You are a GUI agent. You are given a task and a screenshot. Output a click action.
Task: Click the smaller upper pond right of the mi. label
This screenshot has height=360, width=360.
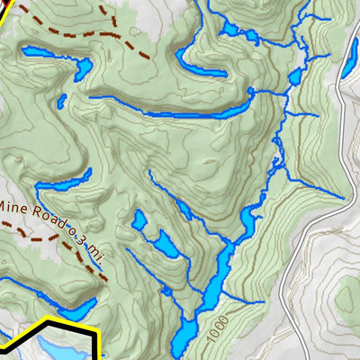click(x=139, y=220)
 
